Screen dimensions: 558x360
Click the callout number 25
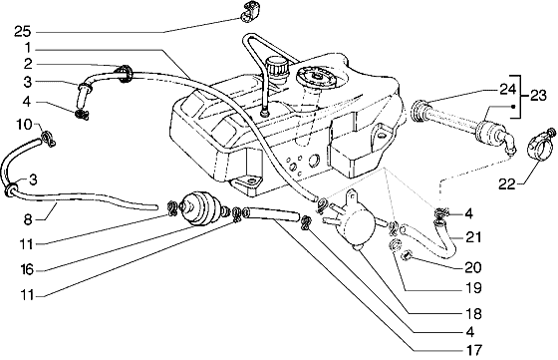[23, 32]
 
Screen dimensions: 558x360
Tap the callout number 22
[507, 184]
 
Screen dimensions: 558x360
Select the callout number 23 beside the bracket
[537, 96]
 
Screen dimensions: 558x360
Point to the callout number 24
[507, 90]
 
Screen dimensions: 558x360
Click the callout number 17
[472, 350]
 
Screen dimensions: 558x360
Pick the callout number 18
[473, 314]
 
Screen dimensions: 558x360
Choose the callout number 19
[473, 288]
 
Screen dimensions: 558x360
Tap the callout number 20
[472, 267]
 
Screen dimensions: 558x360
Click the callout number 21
[473, 237]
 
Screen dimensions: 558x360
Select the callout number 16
[27, 270]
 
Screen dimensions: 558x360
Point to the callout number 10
[25, 125]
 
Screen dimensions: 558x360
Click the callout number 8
[28, 219]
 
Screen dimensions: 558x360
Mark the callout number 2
[28, 64]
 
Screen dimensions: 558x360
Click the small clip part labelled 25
[250, 11]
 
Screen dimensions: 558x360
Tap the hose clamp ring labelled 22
[539, 146]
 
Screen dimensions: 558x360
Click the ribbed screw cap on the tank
[279, 69]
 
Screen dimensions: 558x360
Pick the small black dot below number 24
[513, 106]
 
